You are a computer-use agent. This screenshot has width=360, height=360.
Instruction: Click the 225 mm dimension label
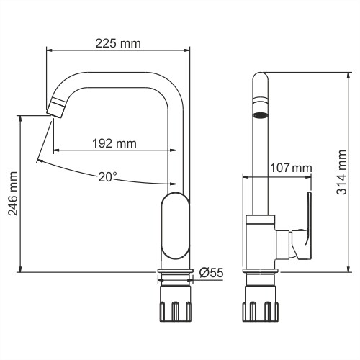pos(118,43)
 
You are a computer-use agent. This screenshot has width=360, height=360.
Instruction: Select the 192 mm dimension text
pos(114,143)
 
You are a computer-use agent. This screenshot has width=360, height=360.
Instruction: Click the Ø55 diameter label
pos(211,272)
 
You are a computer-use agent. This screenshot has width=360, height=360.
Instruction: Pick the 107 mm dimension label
pos(290,168)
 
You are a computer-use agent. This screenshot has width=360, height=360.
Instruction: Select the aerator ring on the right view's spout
pos(261,114)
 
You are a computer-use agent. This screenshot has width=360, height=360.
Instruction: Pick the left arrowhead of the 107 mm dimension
pos(246,176)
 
